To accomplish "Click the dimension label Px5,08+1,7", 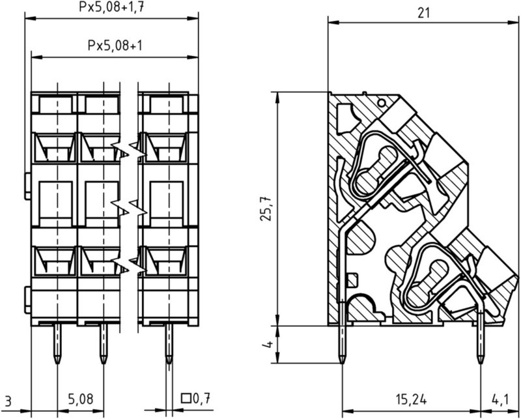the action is click(111, 7).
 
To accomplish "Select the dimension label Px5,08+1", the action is click(115, 46).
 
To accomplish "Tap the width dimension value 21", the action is click(423, 13).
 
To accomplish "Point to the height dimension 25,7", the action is click(266, 209).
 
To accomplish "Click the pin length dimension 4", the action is click(268, 344).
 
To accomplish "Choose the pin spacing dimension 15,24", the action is click(411, 399).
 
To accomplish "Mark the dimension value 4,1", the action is click(500, 399).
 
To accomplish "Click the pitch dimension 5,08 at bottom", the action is click(81, 399).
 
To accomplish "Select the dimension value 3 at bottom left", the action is click(8, 401).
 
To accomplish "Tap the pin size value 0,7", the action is click(202, 398).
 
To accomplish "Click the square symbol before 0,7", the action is click(186, 398).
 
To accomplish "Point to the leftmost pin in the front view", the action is click(57, 343).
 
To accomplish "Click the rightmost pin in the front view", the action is click(169, 343).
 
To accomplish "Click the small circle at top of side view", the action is click(382, 104).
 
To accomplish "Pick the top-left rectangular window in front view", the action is click(56, 105).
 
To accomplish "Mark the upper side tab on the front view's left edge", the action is click(27, 186).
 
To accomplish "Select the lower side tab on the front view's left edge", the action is click(27, 300).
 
